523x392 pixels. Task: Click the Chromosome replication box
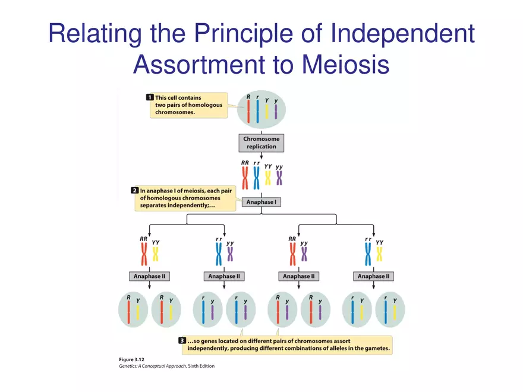click(x=261, y=143)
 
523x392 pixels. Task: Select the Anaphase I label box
click(x=261, y=202)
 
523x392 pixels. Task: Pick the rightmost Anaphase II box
click(x=373, y=276)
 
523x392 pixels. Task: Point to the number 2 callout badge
click(x=134, y=191)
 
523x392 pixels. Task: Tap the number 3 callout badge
click(x=182, y=341)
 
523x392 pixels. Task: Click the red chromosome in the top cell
click(x=248, y=111)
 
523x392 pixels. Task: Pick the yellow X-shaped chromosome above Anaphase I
click(x=268, y=178)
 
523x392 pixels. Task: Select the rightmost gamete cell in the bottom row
click(x=390, y=310)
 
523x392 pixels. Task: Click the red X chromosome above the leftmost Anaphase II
click(x=143, y=255)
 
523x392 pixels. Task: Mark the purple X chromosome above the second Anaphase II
click(x=230, y=254)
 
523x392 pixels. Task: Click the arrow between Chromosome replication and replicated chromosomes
click(x=261, y=157)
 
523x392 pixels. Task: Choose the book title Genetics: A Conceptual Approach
click(x=149, y=366)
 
